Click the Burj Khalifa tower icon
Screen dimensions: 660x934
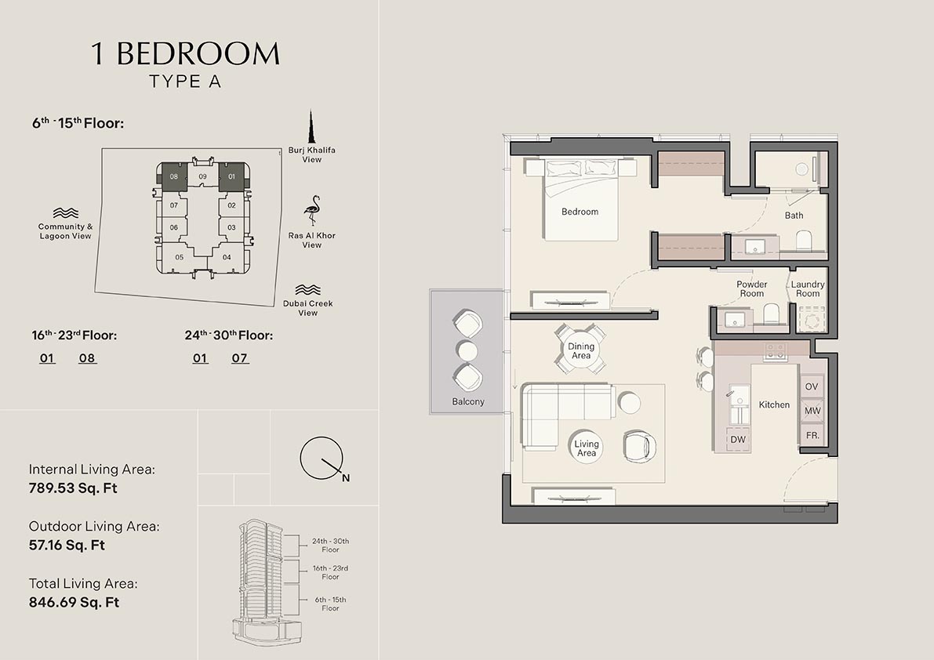coord(311,127)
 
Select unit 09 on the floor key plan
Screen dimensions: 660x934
coord(202,177)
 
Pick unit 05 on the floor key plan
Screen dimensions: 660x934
coord(180,257)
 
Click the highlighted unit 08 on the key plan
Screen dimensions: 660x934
coord(173,177)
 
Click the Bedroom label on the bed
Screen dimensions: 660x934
coord(580,212)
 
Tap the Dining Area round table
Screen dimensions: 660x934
coord(581,351)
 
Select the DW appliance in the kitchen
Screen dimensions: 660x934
coord(738,440)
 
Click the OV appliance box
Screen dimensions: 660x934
coord(812,387)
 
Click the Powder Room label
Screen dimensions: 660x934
coord(751,289)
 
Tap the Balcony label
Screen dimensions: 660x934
coord(468,402)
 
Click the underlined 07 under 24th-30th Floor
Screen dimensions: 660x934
coord(240,358)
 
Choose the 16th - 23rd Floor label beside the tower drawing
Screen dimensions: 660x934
coord(330,572)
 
